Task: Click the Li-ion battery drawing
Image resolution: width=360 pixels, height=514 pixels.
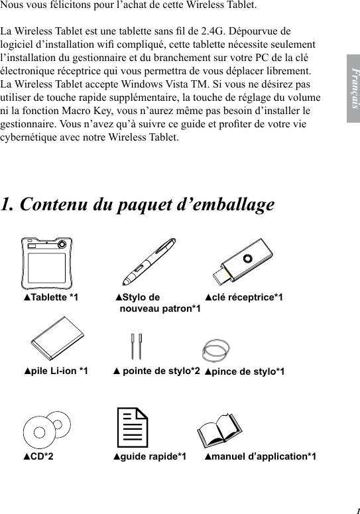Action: [x=56, y=340]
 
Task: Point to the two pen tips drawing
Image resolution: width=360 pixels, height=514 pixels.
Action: [x=137, y=345]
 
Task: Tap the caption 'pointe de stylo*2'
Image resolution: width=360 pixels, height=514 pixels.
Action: [x=157, y=371]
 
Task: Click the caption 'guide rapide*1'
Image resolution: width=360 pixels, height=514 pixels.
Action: [x=149, y=456]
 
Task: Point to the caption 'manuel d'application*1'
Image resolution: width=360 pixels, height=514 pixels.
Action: [x=260, y=456]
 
